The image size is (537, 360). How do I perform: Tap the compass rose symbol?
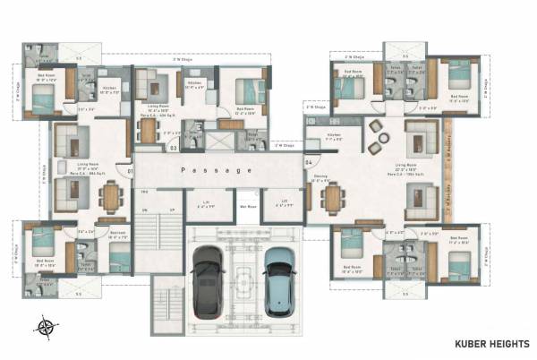click(x=46, y=327)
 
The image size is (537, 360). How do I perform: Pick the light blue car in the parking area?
click(x=278, y=273)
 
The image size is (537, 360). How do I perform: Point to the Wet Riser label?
click(x=243, y=204)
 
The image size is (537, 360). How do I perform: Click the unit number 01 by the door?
click(x=130, y=170)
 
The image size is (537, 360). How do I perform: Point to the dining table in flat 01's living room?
click(x=111, y=196)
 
